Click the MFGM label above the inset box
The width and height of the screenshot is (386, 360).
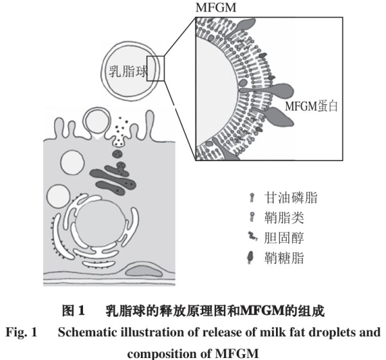[216, 7]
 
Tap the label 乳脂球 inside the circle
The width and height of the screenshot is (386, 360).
[128, 71]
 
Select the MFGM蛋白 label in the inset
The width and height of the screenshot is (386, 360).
[311, 106]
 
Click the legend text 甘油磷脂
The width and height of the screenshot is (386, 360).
[291, 198]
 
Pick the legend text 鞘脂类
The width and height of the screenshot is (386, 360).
[284, 218]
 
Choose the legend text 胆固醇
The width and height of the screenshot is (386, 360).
[284, 238]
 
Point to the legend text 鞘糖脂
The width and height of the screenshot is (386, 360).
[284, 258]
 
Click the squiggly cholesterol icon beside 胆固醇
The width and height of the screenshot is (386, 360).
[253, 236]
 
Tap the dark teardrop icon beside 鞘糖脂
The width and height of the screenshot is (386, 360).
[251, 258]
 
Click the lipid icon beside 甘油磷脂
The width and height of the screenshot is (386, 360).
[252, 197]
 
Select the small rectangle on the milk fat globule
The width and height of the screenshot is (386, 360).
[156, 68]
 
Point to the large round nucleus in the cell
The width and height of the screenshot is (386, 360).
[98, 223]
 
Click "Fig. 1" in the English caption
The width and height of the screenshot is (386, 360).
[21, 332]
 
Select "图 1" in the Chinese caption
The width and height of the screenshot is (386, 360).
[73, 310]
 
